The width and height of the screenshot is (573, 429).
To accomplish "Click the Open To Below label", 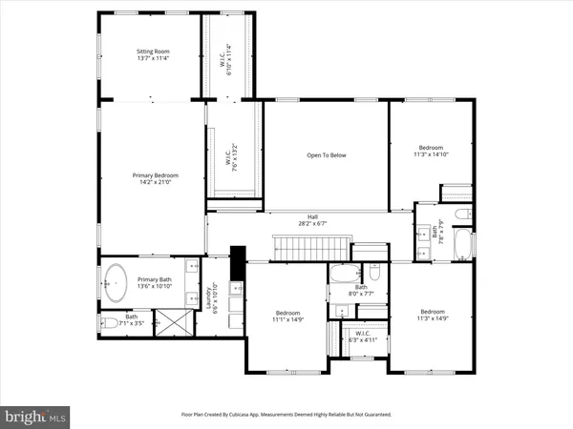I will point(325,154).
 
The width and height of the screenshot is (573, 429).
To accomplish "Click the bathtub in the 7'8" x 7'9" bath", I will point(464,243).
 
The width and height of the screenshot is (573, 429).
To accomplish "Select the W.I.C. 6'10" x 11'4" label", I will point(226,58).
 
